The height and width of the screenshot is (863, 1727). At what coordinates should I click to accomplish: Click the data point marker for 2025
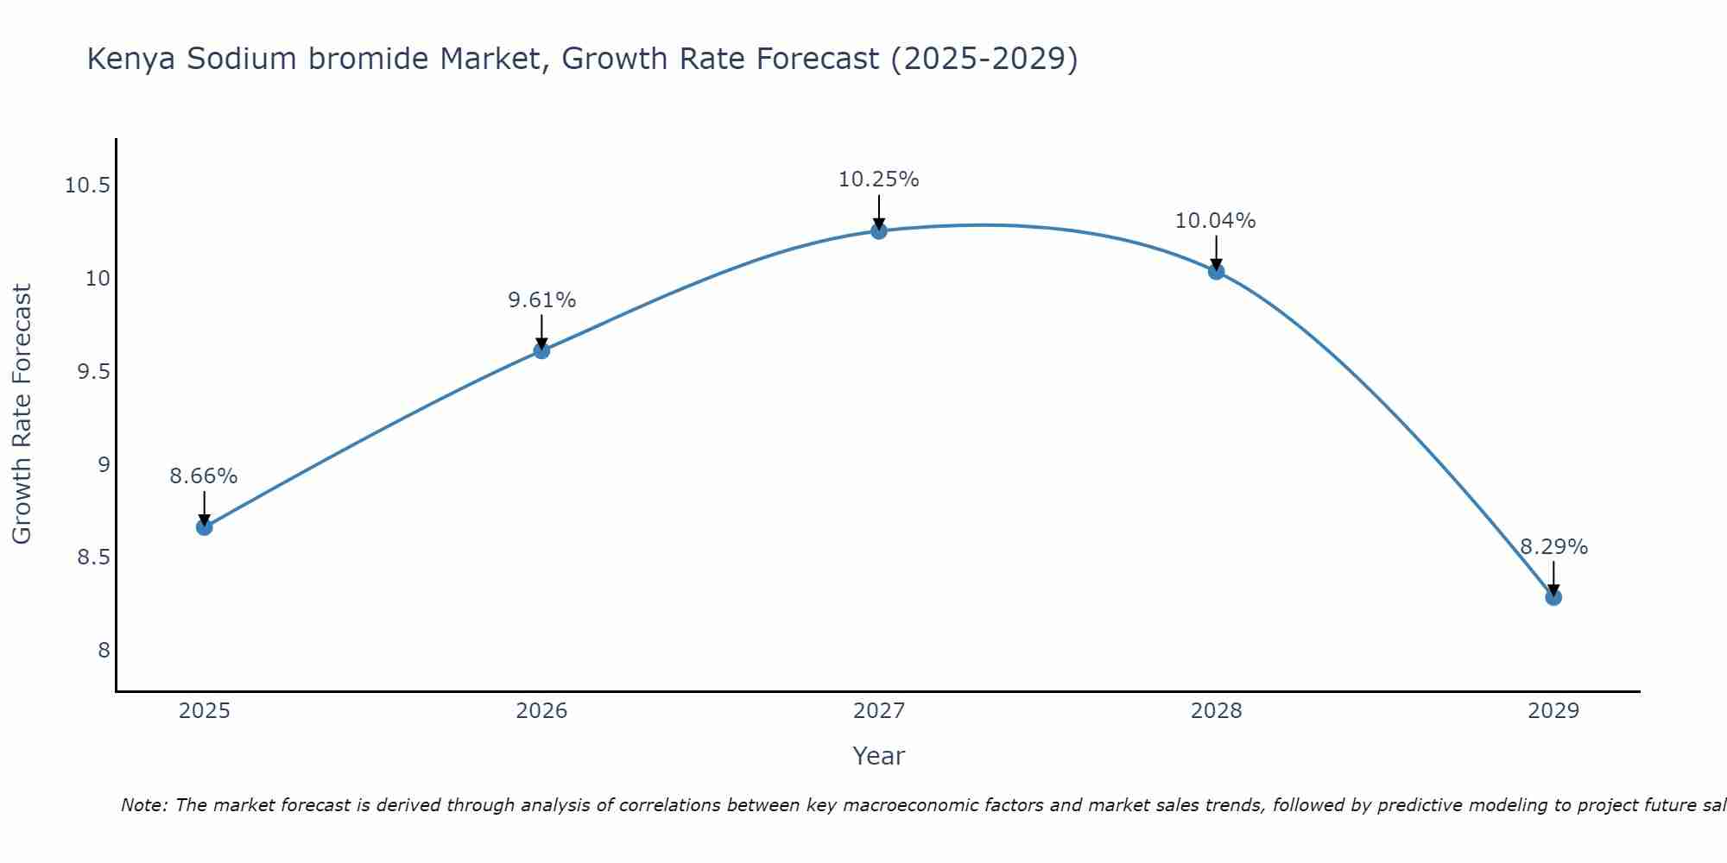click(205, 527)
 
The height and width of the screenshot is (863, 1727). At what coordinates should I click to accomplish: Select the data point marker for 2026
click(541, 350)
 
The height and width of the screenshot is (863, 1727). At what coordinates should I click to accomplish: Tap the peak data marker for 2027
click(879, 231)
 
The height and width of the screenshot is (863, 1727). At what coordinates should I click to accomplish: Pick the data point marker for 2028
click(1216, 272)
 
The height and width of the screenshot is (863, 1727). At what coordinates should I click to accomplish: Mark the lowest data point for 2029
click(1553, 597)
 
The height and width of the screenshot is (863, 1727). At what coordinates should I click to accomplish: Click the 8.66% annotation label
click(204, 476)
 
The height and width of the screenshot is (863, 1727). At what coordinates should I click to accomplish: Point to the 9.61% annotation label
click(541, 300)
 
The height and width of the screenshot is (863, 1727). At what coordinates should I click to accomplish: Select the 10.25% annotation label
click(879, 180)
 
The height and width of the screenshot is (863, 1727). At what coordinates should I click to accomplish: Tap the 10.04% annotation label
click(1216, 221)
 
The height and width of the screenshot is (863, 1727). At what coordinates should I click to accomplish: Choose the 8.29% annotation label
click(1553, 547)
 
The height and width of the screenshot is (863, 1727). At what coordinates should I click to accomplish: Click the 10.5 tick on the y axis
click(87, 186)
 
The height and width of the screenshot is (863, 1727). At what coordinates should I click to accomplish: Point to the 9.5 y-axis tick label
click(93, 372)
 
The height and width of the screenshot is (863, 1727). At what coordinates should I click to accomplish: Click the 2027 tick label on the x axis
click(879, 711)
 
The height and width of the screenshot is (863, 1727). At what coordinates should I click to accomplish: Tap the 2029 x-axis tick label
click(1553, 711)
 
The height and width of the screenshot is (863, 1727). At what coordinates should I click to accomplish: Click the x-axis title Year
click(879, 756)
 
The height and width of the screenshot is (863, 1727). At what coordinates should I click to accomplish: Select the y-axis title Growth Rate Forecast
click(22, 414)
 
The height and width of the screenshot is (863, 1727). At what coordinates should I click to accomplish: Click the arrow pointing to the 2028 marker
click(1216, 253)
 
